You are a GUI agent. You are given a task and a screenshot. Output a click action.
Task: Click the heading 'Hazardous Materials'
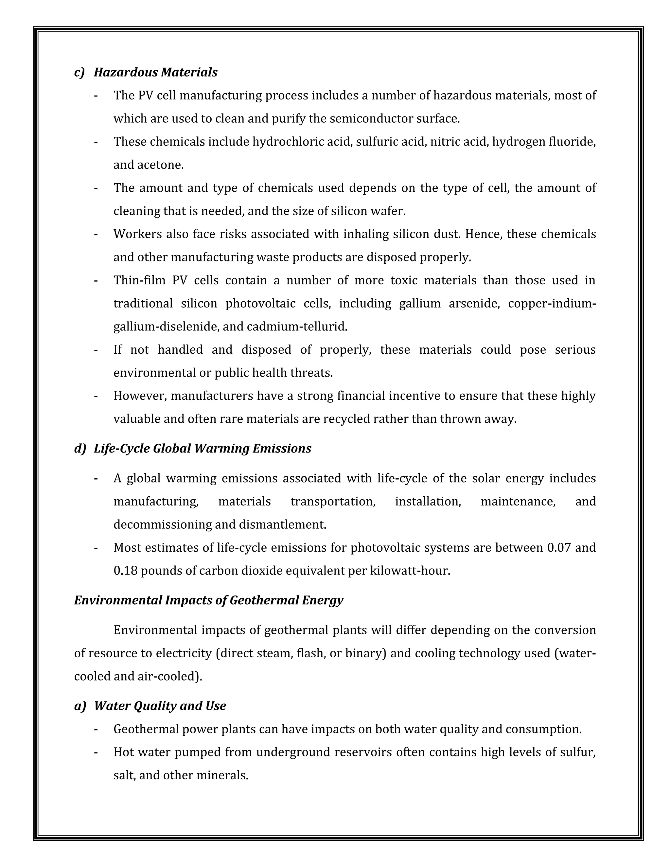156,72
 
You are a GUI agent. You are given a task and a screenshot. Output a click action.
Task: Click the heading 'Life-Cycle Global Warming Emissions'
203,449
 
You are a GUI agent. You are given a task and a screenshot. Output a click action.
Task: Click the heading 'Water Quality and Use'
160,706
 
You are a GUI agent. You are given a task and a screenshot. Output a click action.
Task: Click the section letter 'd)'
80,449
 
